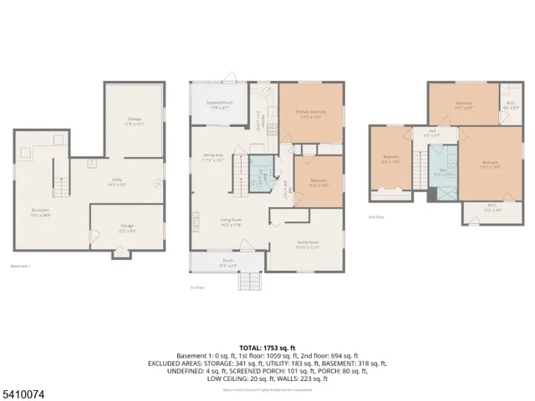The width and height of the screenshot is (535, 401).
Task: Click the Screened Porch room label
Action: (221, 104)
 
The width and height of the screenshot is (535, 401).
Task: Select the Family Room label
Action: (308, 245)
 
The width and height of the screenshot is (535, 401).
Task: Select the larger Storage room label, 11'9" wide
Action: (135, 123)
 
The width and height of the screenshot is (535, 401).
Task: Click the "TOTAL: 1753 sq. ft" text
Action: (267, 347)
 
